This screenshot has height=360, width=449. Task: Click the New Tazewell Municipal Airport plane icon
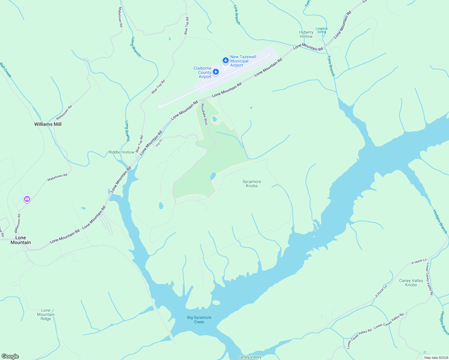coord(226,61)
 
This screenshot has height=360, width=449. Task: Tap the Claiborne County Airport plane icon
coord(215,72)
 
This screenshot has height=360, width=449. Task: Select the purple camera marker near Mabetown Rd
coord(27,199)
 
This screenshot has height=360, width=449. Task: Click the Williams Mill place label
coord(48,124)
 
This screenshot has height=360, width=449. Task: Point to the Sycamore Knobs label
coord(252,184)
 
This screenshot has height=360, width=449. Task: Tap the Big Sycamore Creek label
coord(199,319)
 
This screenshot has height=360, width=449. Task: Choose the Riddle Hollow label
coord(121,152)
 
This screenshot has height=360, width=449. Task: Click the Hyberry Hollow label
coord(306,34)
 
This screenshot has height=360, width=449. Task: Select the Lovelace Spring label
coord(321,30)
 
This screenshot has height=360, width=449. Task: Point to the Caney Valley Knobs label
coord(411,283)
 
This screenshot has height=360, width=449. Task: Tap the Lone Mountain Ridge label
coord(46,314)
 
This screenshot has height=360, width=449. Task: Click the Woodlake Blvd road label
coord(204,114)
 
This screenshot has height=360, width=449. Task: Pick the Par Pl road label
coord(159,142)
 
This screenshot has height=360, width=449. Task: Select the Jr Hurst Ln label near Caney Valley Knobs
coord(381,291)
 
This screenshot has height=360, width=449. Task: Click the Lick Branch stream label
coord(237,14)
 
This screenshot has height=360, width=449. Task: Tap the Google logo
coord(10,356)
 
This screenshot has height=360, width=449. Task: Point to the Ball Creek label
coord(6,70)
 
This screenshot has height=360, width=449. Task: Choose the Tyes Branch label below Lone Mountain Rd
coord(331,66)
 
